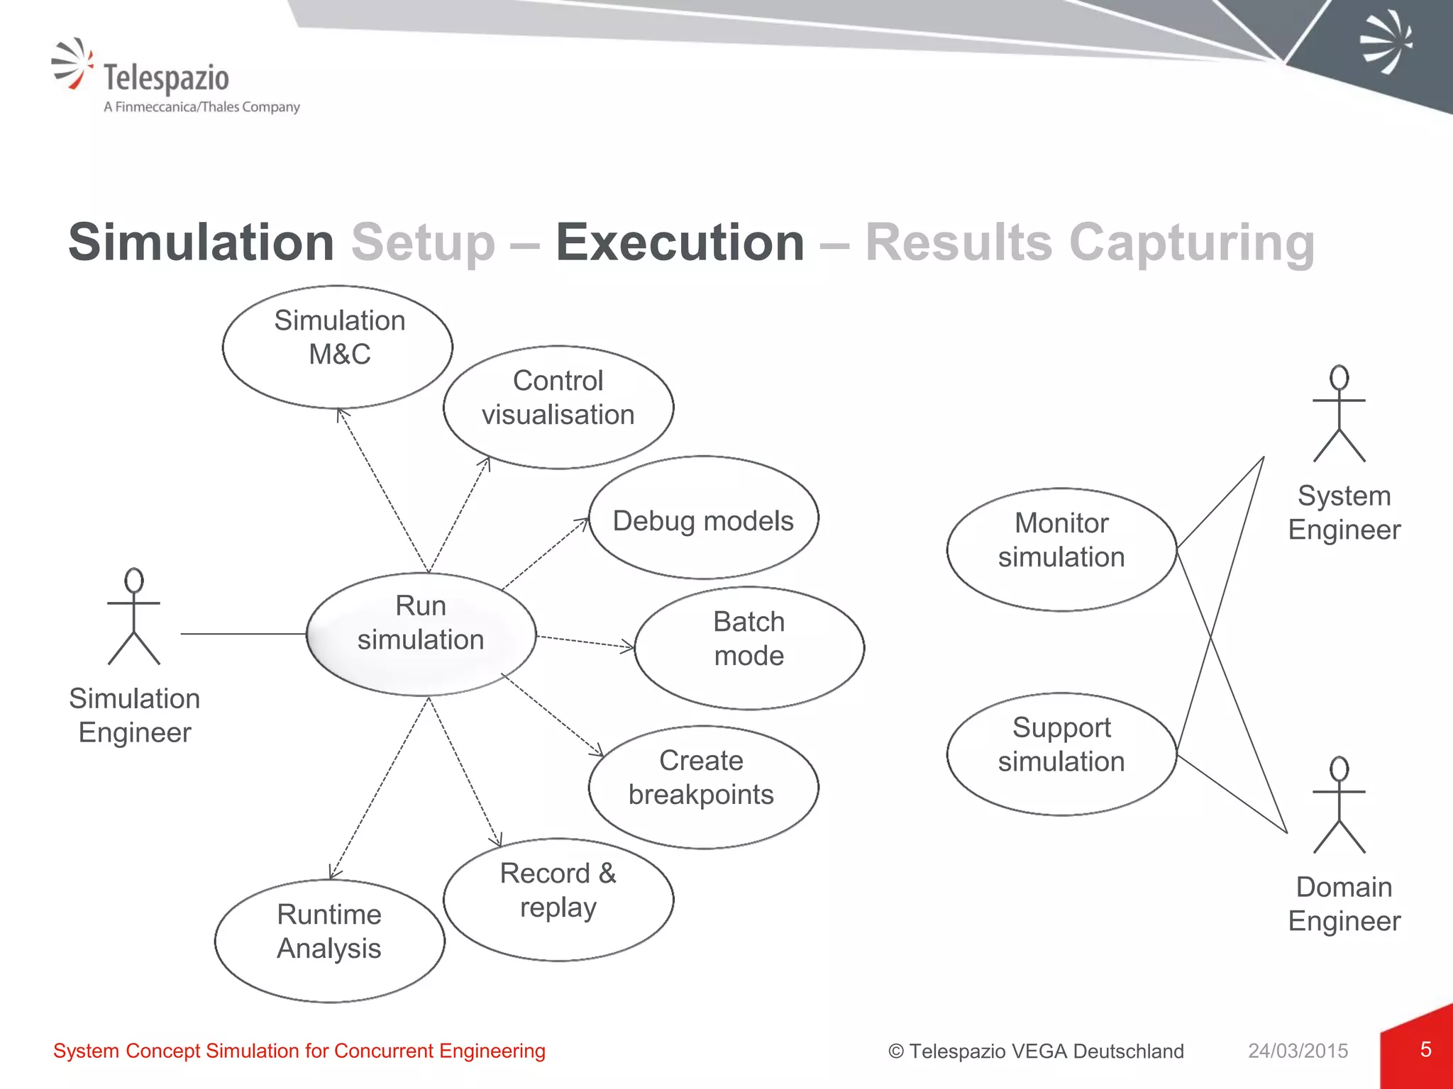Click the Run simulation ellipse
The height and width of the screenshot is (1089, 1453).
click(421, 633)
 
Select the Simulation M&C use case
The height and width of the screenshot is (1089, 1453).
click(338, 347)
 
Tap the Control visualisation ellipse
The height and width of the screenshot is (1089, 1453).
click(558, 407)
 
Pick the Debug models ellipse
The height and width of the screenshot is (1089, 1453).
click(703, 518)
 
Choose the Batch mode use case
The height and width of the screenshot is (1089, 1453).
click(749, 647)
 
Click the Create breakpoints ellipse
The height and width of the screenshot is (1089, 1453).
click(703, 786)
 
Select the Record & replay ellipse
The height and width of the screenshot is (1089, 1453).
click(558, 899)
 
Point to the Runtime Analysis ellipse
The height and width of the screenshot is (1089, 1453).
click(330, 940)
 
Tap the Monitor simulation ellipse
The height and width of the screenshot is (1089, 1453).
click(1061, 549)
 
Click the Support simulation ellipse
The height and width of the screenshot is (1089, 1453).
click(1061, 753)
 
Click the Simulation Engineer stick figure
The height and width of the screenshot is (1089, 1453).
click(134, 616)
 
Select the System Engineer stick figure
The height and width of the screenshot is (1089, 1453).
click(1339, 414)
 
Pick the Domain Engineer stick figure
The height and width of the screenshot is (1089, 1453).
click(1339, 805)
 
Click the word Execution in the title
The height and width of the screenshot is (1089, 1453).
click(680, 242)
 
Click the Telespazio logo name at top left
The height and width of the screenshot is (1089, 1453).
click(166, 77)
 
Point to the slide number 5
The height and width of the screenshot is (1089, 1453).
click(1425, 1049)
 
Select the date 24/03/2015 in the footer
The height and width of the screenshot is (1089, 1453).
click(1298, 1051)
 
